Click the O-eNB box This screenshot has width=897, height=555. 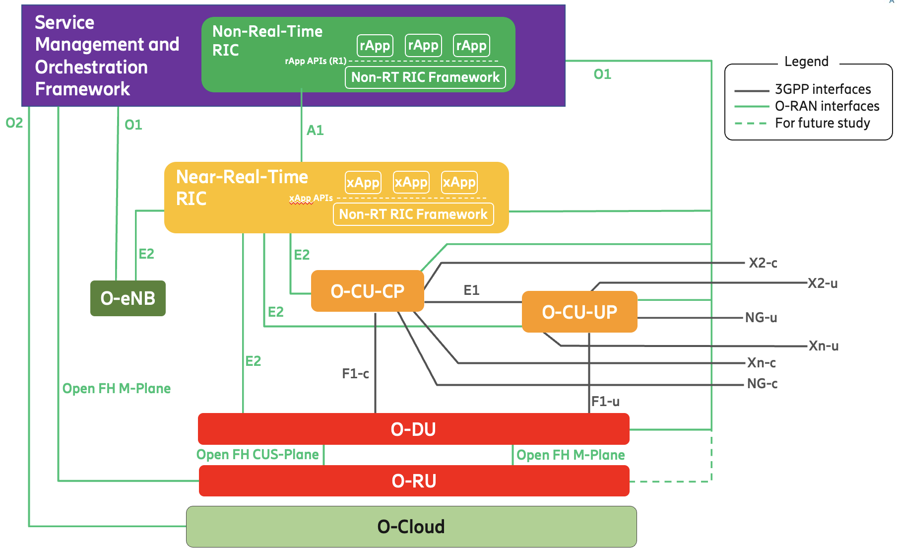click(128, 298)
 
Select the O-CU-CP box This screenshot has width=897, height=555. click(367, 291)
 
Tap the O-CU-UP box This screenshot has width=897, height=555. click(579, 312)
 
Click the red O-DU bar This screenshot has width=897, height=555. click(413, 429)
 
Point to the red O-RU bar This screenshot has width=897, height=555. click(414, 481)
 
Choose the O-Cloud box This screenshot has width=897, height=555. click(411, 527)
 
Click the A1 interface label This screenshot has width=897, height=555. click(315, 130)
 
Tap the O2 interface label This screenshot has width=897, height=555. click(14, 123)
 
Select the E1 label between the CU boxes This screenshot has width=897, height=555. click(471, 290)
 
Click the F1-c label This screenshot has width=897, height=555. click(355, 373)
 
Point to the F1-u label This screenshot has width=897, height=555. click(605, 401)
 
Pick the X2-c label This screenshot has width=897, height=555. click(763, 263)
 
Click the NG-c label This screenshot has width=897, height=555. click(762, 383)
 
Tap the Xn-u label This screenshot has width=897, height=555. click(823, 346)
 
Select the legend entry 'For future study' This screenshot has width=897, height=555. click(822, 123)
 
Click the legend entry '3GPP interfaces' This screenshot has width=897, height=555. click(823, 89)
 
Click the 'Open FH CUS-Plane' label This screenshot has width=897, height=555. click(257, 454)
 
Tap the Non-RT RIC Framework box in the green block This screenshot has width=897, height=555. click(425, 77)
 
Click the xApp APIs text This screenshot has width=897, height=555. click(311, 198)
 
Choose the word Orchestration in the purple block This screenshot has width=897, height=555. click(91, 67)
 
